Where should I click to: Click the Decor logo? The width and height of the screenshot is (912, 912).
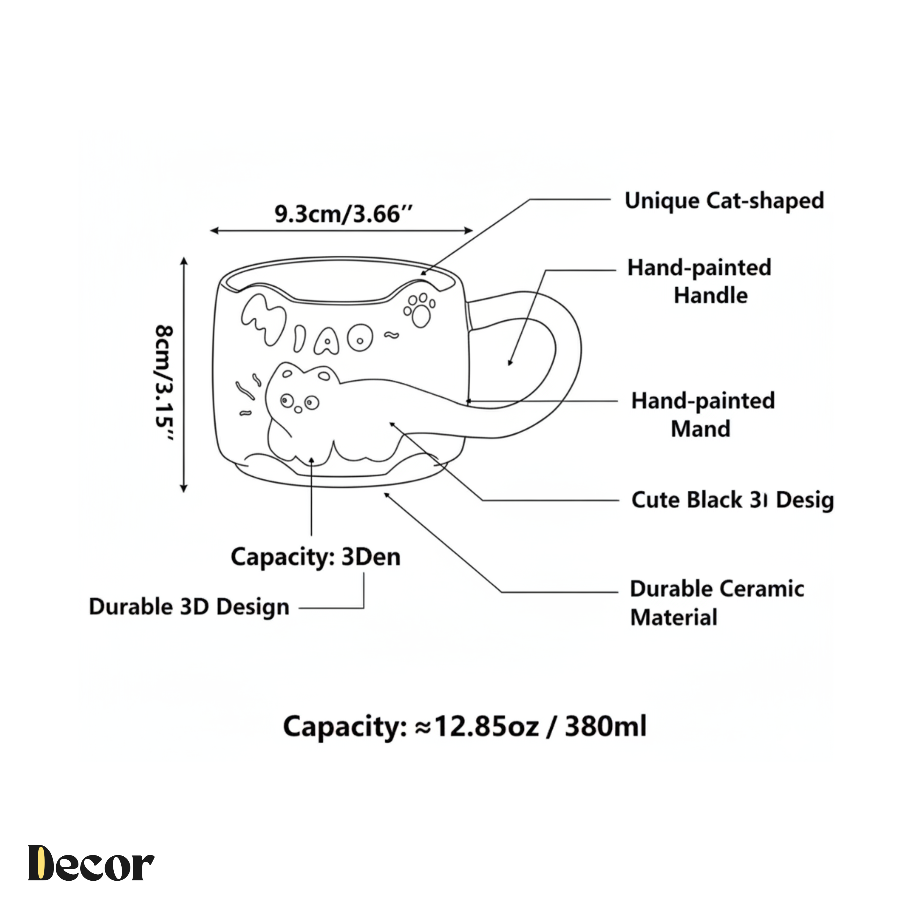tap(91, 863)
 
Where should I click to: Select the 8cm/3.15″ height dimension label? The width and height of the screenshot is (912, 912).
tap(164, 382)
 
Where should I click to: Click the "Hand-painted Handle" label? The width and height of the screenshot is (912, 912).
tap(699, 281)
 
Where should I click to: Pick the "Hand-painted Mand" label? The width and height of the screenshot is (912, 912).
tap(703, 414)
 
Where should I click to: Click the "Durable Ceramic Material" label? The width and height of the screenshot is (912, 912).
tap(716, 603)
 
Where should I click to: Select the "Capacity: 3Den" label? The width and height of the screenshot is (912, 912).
tap(315, 557)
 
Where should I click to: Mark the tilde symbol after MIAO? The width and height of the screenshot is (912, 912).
tap(391, 336)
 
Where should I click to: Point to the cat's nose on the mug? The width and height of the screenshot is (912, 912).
tap(298, 409)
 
